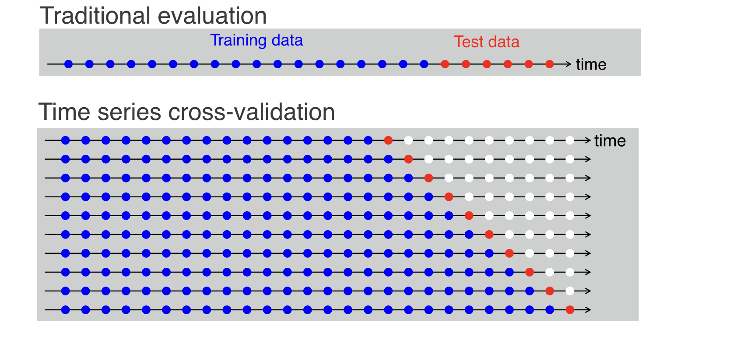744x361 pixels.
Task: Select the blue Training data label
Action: (256, 40)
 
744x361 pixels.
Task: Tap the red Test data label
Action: (487, 42)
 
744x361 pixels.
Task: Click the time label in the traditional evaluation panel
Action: (591, 65)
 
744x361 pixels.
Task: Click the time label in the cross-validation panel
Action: (610, 141)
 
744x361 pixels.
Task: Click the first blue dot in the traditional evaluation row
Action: (68, 64)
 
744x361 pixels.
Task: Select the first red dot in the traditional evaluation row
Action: (445, 64)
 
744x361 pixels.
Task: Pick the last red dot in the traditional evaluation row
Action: (550, 64)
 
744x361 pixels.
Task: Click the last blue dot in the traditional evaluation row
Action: (424, 64)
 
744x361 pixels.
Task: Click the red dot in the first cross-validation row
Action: (388, 140)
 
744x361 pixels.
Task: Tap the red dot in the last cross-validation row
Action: (570, 310)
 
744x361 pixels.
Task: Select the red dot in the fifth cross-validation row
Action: (469, 216)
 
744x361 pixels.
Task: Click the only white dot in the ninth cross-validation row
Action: (570, 291)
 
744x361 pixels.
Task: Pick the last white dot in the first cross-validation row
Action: (570, 140)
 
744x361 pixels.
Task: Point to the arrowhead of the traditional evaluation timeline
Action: (568, 64)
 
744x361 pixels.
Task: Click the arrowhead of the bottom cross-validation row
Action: (588, 310)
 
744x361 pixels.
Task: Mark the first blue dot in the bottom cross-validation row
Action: (66, 310)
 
